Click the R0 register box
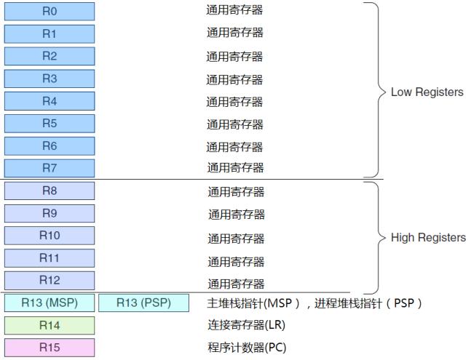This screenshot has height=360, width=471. pyautogui.click(x=50, y=11)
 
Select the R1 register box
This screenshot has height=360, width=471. pyautogui.click(x=50, y=33)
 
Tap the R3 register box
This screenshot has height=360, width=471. pyautogui.click(x=50, y=79)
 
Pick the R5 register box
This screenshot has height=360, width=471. pyautogui.click(x=50, y=124)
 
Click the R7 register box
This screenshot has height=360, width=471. pyautogui.click(x=50, y=168)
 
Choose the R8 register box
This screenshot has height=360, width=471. pyautogui.click(x=50, y=191)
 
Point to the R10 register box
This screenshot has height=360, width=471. pyautogui.click(x=50, y=236)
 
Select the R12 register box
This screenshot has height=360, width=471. pyautogui.click(x=50, y=281)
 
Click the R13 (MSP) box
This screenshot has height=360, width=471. pyautogui.click(x=50, y=303)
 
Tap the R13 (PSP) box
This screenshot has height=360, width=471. pyautogui.click(x=143, y=303)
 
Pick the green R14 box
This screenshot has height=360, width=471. pyautogui.click(x=50, y=325)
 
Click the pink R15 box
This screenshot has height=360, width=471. pyautogui.click(x=50, y=348)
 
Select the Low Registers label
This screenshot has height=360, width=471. pyautogui.click(x=427, y=92)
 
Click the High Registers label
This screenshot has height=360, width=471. pyautogui.click(x=428, y=238)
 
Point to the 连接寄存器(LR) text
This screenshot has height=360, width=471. pyautogui.click(x=246, y=325)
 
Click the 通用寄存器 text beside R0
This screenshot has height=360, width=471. pyautogui.click(x=234, y=10)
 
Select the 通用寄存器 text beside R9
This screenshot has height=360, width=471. pyautogui.click(x=237, y=215)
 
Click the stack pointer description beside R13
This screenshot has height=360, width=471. pyautogui.click(x=315, y=303)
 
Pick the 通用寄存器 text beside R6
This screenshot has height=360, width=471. pyautogui.click(x=234, y=147)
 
